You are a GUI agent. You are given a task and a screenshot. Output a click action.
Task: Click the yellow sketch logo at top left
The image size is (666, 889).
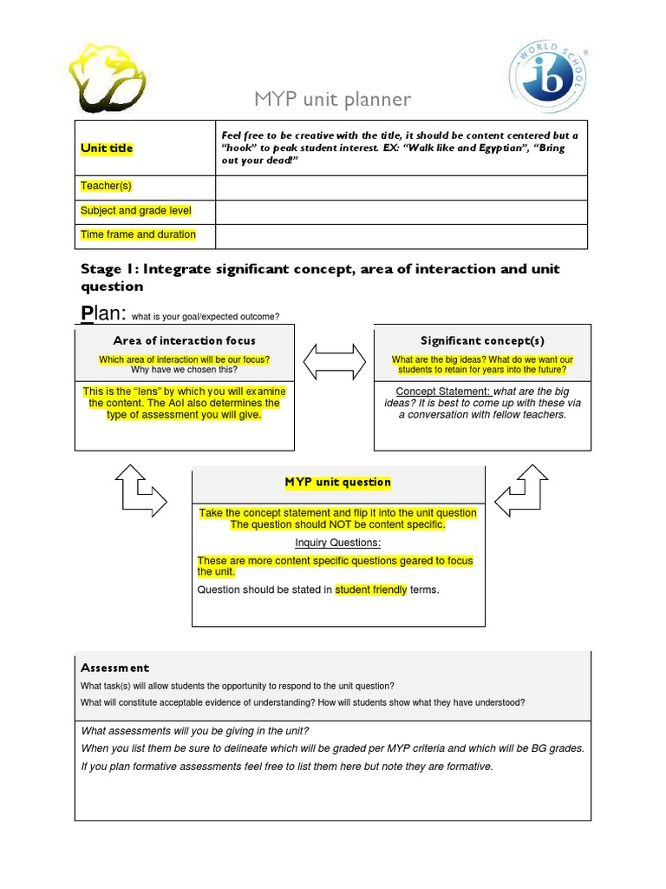tap(108, 76)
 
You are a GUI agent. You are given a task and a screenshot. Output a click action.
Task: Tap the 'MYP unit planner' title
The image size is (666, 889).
tap(332, 100)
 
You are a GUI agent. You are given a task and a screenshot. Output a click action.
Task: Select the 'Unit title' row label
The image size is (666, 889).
tap(107, 148)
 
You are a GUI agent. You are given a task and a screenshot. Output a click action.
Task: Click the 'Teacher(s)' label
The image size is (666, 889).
tap(106, 187)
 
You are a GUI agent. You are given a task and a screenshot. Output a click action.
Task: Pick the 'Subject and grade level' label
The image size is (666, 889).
tap(135, 211)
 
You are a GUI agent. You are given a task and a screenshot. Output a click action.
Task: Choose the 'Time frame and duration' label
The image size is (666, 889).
tap(138, 234)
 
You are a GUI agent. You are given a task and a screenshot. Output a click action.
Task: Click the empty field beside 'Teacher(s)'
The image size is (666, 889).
tap(402, 188)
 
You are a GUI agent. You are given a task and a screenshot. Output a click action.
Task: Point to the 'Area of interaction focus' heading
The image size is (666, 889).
tap(185, 340)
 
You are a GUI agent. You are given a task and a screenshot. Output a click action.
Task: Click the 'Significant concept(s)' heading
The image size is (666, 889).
tap(482, 340)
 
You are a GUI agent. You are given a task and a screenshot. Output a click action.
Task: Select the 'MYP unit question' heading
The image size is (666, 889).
tap(338, 482)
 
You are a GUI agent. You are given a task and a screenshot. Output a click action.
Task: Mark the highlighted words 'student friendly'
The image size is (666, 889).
tap(371, 590)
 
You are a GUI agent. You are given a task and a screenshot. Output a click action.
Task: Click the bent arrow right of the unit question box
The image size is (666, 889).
tap(521, 491)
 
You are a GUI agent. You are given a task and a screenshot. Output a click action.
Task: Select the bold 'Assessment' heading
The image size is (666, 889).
tap(115, 668)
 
